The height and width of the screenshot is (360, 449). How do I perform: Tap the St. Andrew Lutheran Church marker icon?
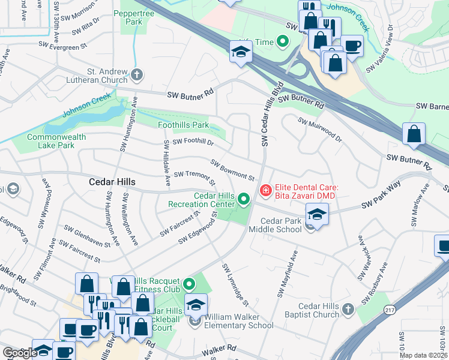137,75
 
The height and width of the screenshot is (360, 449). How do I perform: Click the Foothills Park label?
183,125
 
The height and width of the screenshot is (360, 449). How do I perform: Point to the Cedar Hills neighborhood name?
112,182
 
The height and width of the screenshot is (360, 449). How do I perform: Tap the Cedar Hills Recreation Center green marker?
244,198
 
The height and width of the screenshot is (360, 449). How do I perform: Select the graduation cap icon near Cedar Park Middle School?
317,214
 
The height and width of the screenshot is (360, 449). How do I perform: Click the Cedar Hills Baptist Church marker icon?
349,310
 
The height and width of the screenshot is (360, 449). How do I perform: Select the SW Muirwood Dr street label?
320,130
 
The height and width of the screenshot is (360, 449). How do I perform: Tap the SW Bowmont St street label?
233,170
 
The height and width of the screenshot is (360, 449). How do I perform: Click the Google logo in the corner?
19,353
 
